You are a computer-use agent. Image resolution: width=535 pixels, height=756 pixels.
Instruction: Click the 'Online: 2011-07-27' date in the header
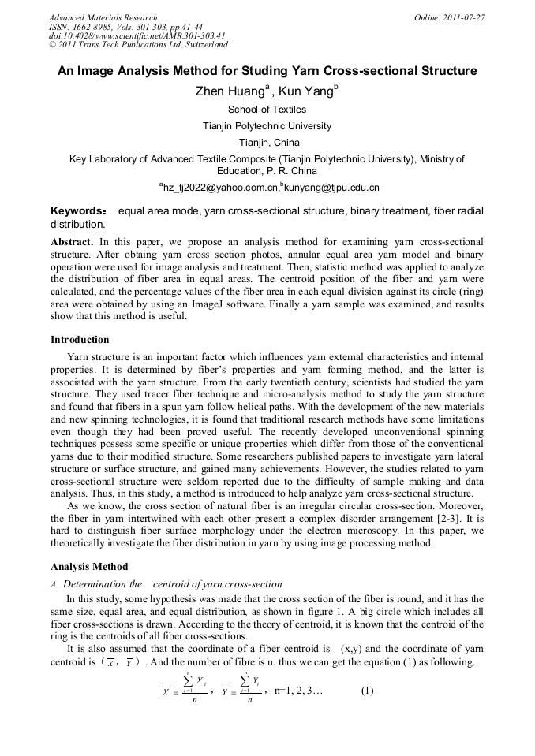pyautogui.click(x=449, y=17)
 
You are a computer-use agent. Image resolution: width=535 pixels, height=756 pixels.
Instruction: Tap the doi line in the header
pyautogui.click(x=137, y=36)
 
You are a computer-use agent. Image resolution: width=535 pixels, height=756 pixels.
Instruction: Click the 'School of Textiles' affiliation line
pyautogui.click(x=267, y=110)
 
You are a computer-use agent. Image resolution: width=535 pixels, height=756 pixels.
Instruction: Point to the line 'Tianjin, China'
pyautogui.click(x=267, y=143)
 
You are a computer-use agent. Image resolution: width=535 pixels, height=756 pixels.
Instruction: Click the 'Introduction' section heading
pyautogui.click(x=80, y=340)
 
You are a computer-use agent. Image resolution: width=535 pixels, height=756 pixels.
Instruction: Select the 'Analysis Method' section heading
pyautogui.click(x=88, y=567)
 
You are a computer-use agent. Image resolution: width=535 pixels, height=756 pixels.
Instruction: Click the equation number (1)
pyautogui.click(x=367, y=691)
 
